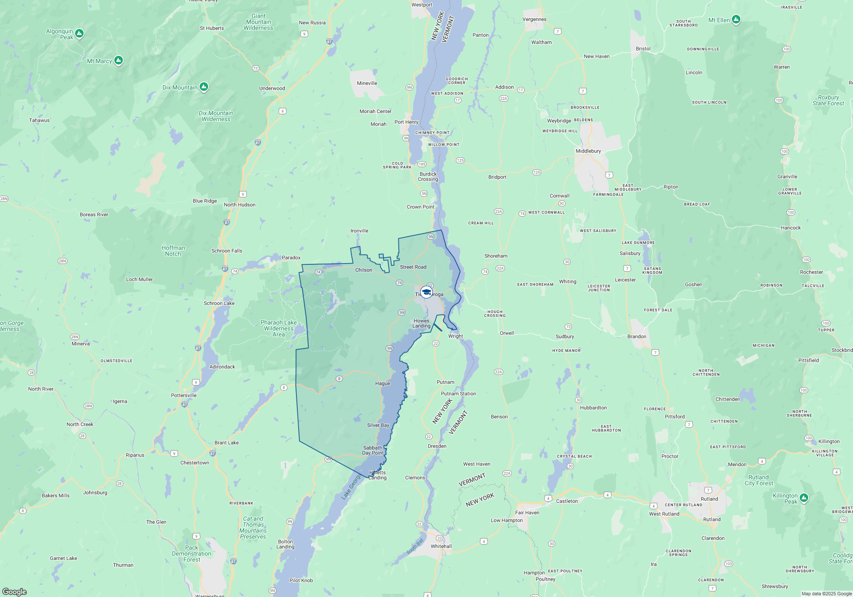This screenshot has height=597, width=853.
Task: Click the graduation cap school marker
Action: [x=426, y=292]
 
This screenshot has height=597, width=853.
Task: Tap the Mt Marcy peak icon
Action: [x=119, y=61]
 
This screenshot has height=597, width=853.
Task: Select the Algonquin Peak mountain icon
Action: [x=79, y=33]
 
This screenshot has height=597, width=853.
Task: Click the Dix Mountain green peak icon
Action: [x=204, y=87]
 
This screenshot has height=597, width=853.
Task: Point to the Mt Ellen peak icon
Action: [x=736, y=20]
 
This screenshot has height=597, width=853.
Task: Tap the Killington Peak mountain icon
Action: [x=804, y=498]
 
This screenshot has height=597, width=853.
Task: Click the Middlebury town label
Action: [x=588, y=151]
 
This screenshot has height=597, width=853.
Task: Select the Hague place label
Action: [x=383, y=383]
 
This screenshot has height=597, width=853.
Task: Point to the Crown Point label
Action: [x=420, y=207]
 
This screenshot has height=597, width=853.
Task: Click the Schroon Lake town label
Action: [x=219, y=303]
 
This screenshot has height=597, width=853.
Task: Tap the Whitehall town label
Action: [x=441, y=546]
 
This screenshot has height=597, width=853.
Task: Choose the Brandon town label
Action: [x=637, y=336]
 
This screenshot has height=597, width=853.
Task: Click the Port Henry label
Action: [x=406, y=122]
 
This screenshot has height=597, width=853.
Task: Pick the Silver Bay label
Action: [x=378, y=425]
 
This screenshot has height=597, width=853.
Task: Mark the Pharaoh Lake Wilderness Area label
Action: [x=279, y=328]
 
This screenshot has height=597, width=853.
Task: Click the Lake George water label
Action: [x=351, y=487]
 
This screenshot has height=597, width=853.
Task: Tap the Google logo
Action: [x=15, y=592]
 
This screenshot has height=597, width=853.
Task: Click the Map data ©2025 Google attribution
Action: [x=827, y=594]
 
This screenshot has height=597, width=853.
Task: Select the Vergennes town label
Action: [x=534, y=19]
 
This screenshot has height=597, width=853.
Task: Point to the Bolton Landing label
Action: [x=285, y=544]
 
